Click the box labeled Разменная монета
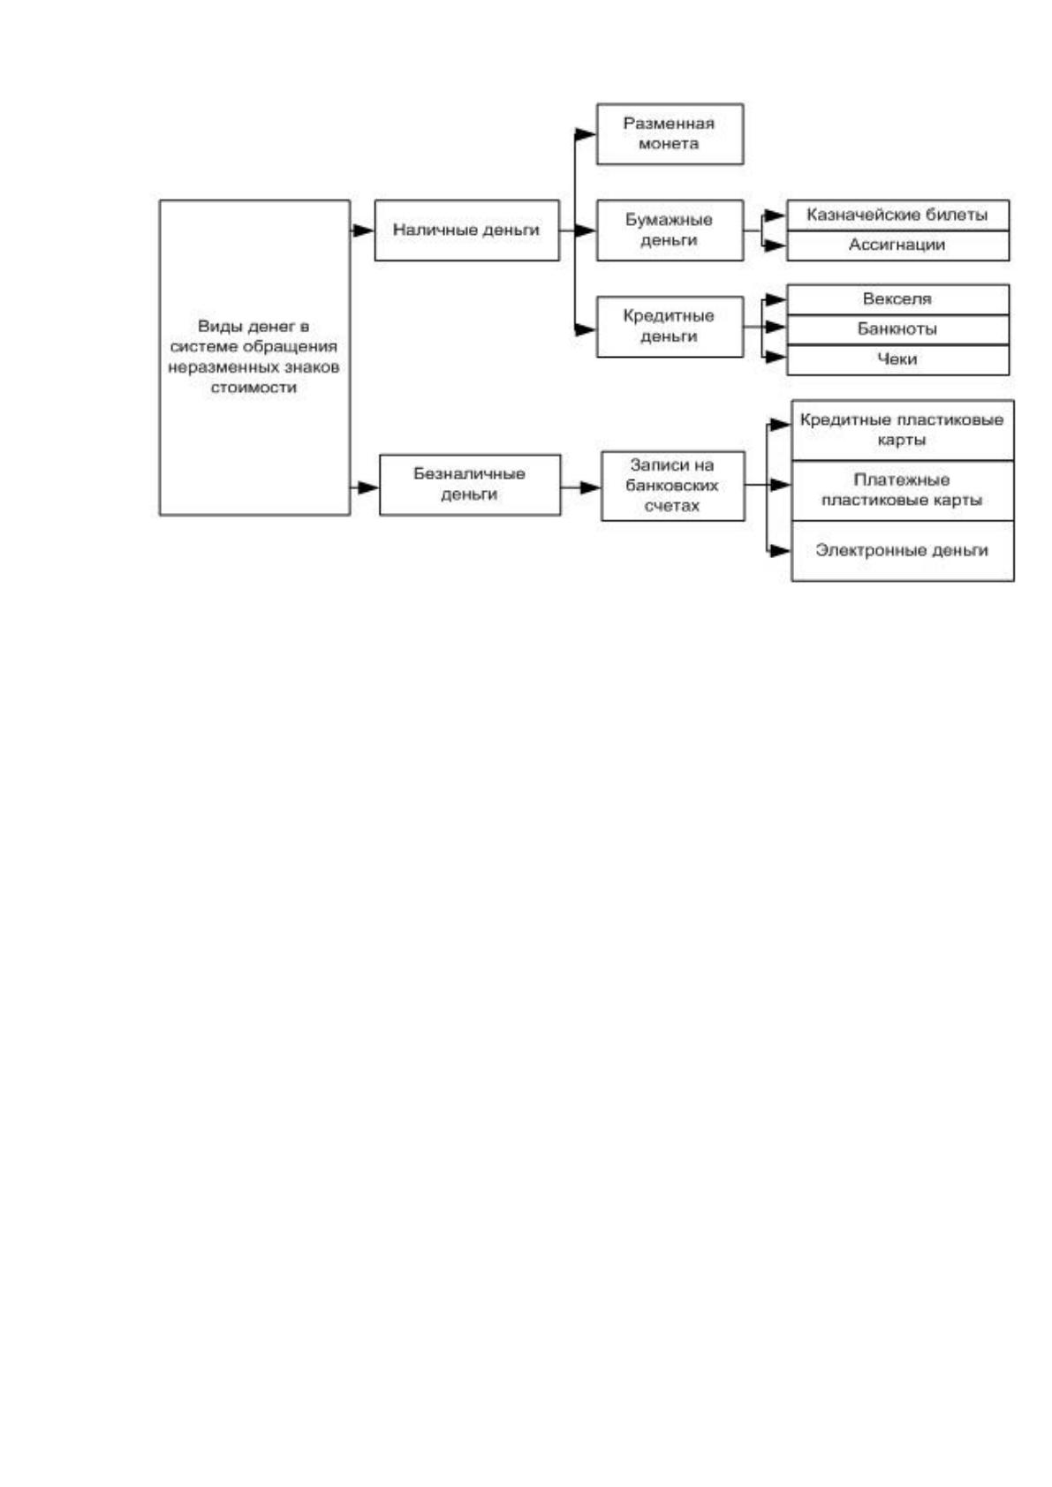pyautogui.click(x=670, y=133)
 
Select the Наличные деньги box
pyautogui.click(x=467, y=230)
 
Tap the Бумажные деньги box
pyautogui.click(x=670, y=230)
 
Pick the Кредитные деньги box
pyautogui.click(x=670, y=327)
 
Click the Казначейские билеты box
pyautogui.click(x=898, y=215)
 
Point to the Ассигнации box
pyautogui.click(x=898, y=245)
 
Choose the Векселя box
pyautogui.click(x=898, y=299)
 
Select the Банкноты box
pyautogui.click(x=898, y=330)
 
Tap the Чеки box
pyautogui.click(x=898, y=359)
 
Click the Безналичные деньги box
pyautogui.click(x=470, y=485)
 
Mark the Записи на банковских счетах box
pyautogui.click(x=673, y=486)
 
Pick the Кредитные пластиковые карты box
pyautogui.click(x=903, y=430)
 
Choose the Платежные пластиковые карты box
pyautogui.click(x=903, y=491)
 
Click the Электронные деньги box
pyautogui.click(x=903, y=551)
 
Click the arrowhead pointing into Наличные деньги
pyautogui.click(x=364, y=230)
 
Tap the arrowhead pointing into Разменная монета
pyautogui.click(x=586, y=134)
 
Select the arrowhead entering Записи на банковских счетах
pyautogui.click(x=590, y=487)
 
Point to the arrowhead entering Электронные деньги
pyautogui.click(x=780, y=550)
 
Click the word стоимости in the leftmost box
pyautogui.click(x=254, y=388)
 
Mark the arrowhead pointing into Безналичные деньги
pyautogui.click(x=368, y=487)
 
